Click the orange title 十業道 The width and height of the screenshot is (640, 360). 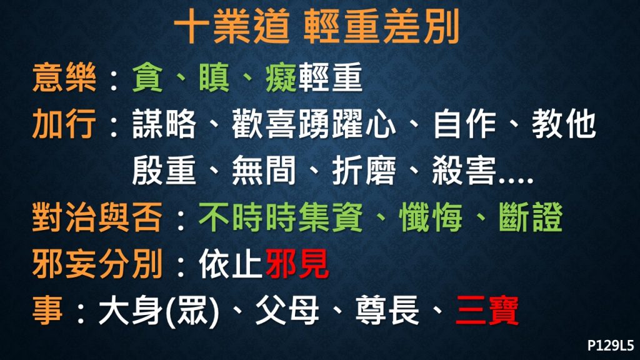(232, 27)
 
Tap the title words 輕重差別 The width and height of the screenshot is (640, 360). (382, 27)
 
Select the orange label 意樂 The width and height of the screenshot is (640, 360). (64, 77)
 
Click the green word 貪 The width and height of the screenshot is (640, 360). (147, 77)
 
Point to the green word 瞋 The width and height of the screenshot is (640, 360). (214, 77)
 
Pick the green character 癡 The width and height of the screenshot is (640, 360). (281, 77)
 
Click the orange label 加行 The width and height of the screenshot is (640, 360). (64, 124)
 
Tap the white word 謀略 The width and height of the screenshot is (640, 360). (164, 124)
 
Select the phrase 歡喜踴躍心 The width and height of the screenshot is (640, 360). (314, 124)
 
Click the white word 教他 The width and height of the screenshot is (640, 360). (564, 124)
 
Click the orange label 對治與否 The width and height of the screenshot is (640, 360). (97, 217)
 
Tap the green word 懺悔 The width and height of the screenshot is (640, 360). (431, 217)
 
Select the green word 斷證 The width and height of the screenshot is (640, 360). (531, 217)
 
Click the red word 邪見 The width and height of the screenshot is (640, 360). (297, 264)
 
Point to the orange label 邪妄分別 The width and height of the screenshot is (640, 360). (97, 264)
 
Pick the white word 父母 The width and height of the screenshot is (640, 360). (287, 311)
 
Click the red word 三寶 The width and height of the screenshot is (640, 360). (487, 311)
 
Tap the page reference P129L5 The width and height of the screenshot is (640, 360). (611, 345)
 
